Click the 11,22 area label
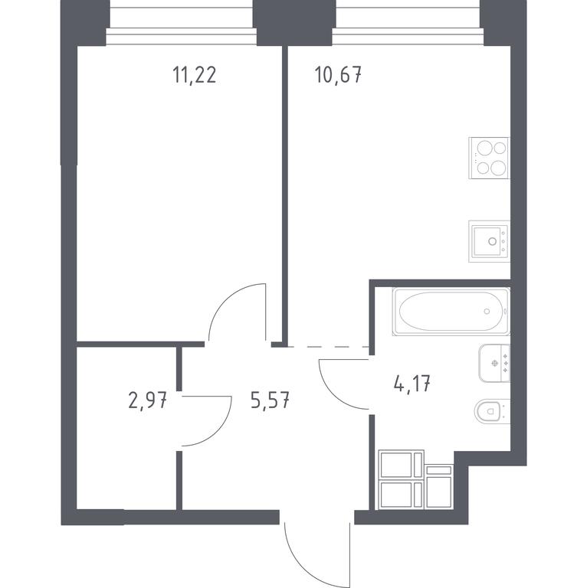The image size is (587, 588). pyautogui.click(x=195, y=75)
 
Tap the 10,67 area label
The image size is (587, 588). pyautogui.click(x=339, y=75)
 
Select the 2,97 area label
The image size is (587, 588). pyautogui.click(x=147, y=401)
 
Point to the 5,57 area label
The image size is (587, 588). pyautogui.click(x=270, y=401)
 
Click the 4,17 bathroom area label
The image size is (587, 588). pyautogui.click(x=412, y=384)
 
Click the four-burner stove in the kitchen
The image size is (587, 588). pyautogui.click(x=489, y=158)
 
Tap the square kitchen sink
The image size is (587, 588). pyautogui.click(x=489, y=241)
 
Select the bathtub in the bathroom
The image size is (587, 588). pyautogui.click(x=451, y=312)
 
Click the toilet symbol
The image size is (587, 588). pyautogui.click(x=492, y=411)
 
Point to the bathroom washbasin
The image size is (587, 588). pyautogui.click(x=494, y=363)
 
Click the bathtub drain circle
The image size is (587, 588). pyautogui.click(x=487, y=311)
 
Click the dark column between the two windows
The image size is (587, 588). pyautogui.click(x=294, y=22)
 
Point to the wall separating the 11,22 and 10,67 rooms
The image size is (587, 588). pyautogui.click(x=285, y=195)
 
